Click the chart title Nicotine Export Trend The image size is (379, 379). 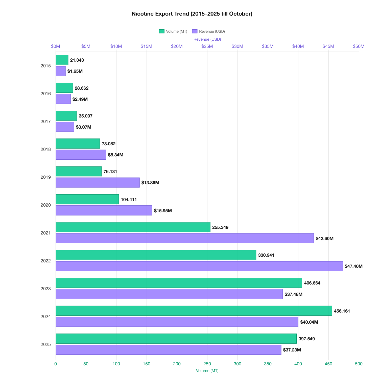coord(192,14)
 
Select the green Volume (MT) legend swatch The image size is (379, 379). coord(161,31)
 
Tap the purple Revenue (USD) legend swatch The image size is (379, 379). coord(195,31)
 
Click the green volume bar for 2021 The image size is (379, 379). coord(133,227)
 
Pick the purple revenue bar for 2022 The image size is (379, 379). coord(199,266)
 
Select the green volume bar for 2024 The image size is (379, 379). coord(194,311)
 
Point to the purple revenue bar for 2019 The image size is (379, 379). coord(98,182)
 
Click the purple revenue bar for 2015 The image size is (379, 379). coord(61,71)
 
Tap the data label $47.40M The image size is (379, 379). coord(353,266)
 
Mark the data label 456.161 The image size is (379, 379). coord(342,311)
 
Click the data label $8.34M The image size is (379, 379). coord(115,155)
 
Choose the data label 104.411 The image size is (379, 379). coord(129,200)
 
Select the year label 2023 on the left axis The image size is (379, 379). coord(45,289)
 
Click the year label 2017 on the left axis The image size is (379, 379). coord(45,122)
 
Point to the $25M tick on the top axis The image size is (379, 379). coord(207,46)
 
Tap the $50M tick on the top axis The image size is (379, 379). coord(359,46)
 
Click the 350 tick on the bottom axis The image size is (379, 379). coord(268,364)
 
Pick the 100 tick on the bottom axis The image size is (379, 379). coord(116,364)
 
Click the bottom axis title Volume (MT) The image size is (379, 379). coord(207,371)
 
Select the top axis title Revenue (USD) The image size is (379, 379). coord(207,39)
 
